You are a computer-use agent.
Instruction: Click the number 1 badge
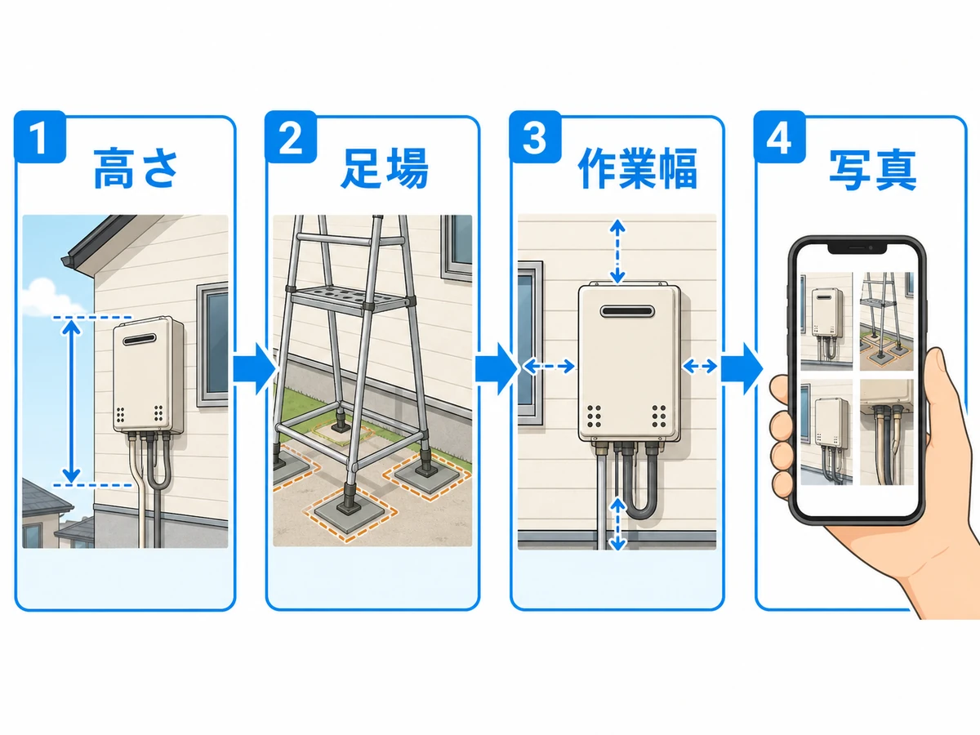pos(40,136)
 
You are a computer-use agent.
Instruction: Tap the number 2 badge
pos(291,136)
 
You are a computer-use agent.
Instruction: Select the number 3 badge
pos(535,136)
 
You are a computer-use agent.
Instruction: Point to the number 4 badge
pos(780,136)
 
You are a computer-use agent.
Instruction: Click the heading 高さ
pos(136,169)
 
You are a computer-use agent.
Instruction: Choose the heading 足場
pos(384,169)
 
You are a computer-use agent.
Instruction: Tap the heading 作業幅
pos(638,169)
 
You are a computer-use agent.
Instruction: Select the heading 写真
pos(873,170)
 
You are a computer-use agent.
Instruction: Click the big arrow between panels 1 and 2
pos(255,368)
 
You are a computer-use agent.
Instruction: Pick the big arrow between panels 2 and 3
pos(497,368)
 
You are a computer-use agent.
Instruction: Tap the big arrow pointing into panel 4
pos(742,368)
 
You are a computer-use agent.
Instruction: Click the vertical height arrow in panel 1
pos(71,402)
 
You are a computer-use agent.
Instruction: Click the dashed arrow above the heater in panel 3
pos(617,252)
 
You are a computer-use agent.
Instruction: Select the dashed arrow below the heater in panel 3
pos(617,524)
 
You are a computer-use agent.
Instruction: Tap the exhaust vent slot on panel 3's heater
pos(627,311)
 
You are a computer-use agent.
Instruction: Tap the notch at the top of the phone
pos(857,248)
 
